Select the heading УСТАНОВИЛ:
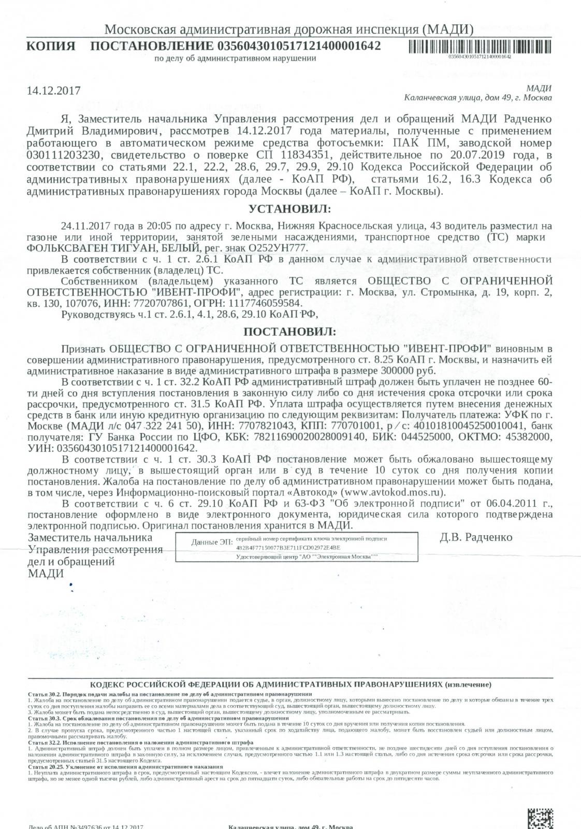pyautogui.click(x=289, y=209)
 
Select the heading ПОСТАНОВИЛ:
pyautogui.click(x=289, y=331)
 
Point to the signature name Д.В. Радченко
pyautogui.click(x=475, y=537)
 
